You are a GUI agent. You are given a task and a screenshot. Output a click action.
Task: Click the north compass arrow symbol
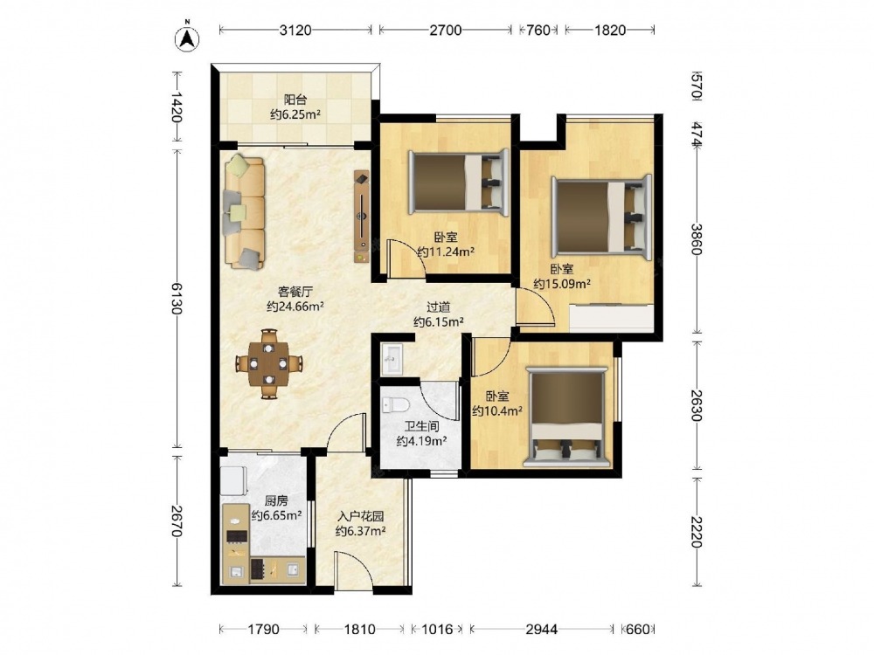click(188, 38)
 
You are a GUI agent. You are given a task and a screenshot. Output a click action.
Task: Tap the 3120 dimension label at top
click(295, 30)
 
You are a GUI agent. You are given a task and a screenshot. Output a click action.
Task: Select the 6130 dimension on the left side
click(177, 299)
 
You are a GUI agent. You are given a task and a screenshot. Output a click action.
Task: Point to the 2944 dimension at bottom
click(542, 630)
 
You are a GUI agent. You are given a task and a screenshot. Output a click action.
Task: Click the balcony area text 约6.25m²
click(295, 115)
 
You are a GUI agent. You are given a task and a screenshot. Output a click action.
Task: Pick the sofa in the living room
click(244, 212)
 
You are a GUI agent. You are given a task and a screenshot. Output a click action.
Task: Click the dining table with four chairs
click(269, 364)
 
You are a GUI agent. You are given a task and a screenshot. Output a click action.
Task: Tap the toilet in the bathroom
click(396, 405)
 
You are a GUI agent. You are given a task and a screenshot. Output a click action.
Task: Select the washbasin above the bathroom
click(392, 359)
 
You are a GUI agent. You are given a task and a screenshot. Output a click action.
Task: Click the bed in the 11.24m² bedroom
click(459, 182)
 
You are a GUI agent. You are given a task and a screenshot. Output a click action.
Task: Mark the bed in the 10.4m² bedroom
click(565, 417)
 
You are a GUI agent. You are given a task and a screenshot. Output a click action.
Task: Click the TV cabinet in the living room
click(362, 216)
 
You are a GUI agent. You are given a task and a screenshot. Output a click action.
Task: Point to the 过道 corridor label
click(439, 307)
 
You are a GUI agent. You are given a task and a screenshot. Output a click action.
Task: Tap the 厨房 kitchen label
click(276, 500)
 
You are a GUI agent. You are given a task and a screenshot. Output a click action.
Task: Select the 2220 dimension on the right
click(697, 531)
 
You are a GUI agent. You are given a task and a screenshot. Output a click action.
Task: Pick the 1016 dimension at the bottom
click(437, 630)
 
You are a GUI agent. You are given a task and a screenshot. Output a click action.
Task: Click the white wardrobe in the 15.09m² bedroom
click(612, 317)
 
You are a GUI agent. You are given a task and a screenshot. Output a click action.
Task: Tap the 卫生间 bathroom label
click(421, 427)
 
